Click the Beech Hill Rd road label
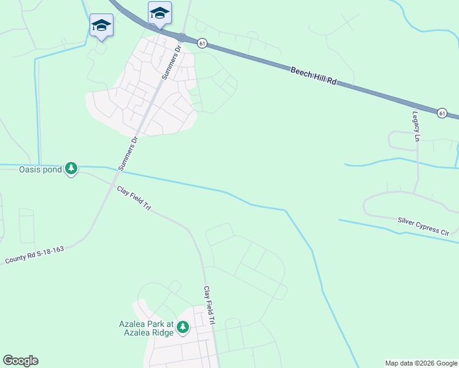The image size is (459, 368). pos(314,77)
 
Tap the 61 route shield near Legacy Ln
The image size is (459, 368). pos(442,113)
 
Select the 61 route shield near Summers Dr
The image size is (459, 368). pos(202,43)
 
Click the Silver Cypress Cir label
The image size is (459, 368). pos(423,225)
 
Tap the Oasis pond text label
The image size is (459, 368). pos(40,169)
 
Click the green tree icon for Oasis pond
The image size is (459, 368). pos(71,168)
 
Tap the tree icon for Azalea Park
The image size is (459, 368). pos(182,328)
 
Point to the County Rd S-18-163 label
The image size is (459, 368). pos(34,255)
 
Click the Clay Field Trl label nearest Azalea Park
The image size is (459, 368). pos(209,305)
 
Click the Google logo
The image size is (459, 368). pos(20,361)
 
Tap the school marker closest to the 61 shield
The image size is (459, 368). pos(160,13)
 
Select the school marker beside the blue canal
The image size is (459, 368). pos(101,26)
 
